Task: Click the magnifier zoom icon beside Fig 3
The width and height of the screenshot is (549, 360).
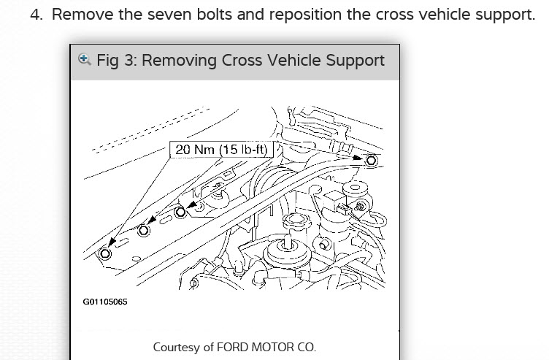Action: point(85,58)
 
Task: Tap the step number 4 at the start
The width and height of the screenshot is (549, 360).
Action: point(37,15)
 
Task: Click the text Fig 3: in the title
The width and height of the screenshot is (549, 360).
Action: point(117,60)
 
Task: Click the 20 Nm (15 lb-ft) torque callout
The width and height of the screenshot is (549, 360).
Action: point(218,150)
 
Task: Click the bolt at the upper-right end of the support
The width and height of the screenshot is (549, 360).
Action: point(371,160)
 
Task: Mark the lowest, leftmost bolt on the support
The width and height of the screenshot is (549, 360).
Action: point(104,253)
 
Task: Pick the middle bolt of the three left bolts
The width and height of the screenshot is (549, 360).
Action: point(144,230)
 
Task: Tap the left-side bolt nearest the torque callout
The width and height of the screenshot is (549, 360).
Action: point(183,210)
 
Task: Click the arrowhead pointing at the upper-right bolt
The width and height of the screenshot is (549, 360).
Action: point(359,156)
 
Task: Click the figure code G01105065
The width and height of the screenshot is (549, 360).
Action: point(105,302)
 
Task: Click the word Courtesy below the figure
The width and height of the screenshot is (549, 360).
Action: point(176,348)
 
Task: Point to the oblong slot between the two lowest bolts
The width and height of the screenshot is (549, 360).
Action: point(124,241)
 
